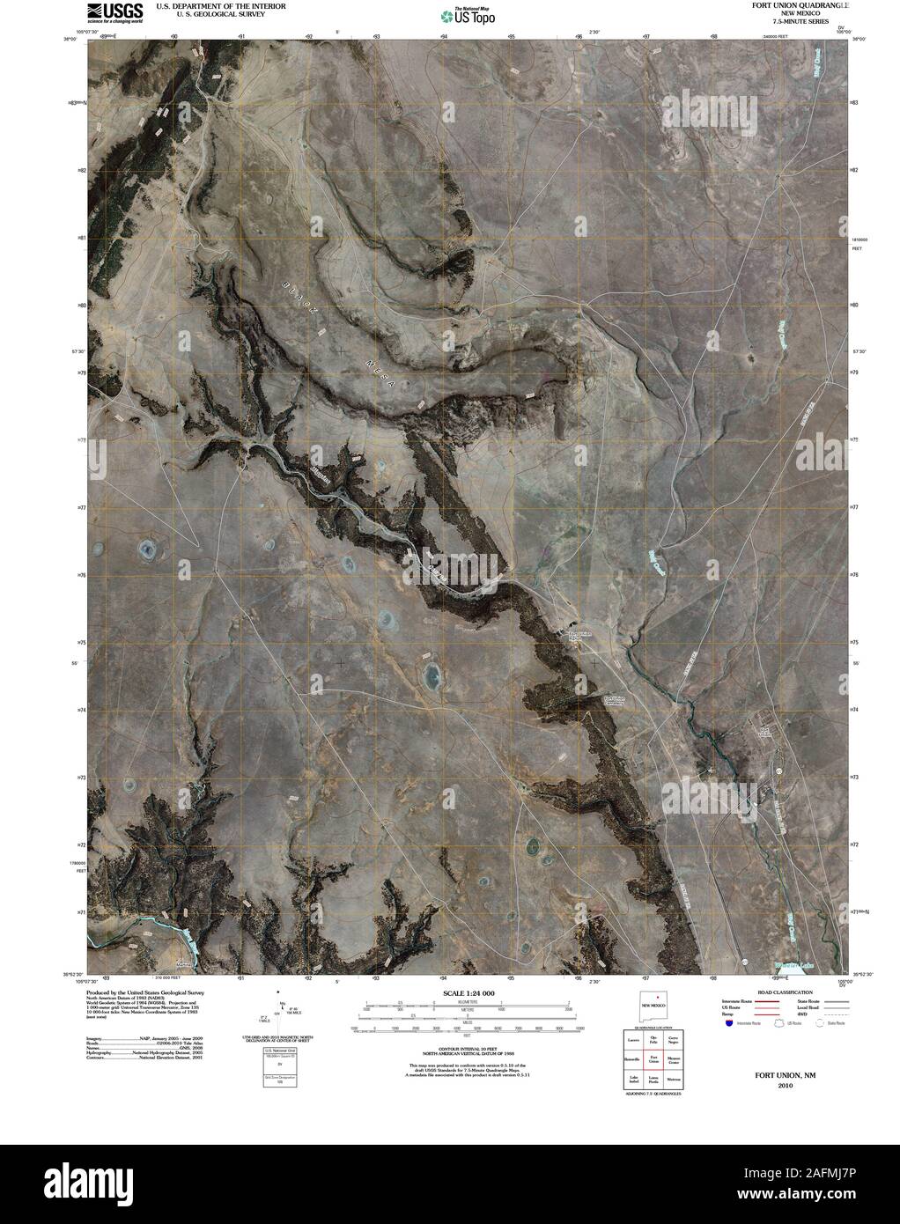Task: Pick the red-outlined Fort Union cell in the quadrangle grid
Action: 653,1059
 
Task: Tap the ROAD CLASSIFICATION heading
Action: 779,992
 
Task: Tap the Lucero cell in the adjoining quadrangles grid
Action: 632,1040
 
